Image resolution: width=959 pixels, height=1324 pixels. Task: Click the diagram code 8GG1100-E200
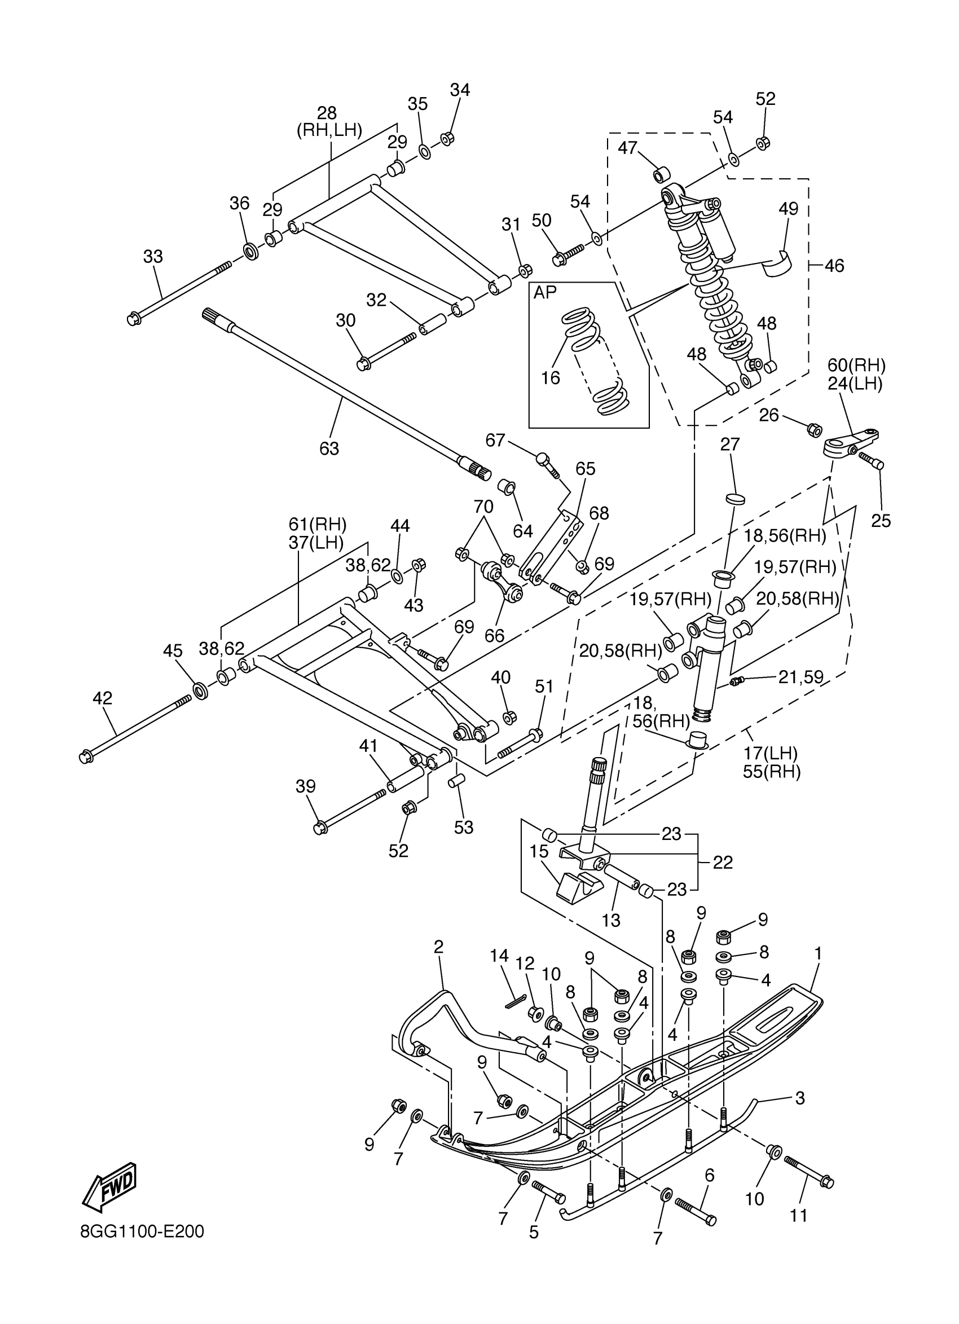coord(142,1231)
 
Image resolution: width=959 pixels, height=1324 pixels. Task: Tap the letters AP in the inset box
coord(545,292)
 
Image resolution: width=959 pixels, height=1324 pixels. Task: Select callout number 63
coord(329,448)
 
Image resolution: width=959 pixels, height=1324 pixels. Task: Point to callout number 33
coord(153,256)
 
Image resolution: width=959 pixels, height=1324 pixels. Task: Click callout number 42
coord(103,698)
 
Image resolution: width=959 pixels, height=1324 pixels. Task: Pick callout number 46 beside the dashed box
coord(834,266)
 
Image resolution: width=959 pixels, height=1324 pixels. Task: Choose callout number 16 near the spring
coord(550,378)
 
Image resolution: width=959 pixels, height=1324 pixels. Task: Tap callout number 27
coord(729,445)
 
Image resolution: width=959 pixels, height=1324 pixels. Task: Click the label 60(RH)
coord(856,366)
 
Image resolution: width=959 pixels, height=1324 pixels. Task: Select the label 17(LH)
coord(771,753)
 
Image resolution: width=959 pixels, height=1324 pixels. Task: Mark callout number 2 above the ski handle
coord(438,946)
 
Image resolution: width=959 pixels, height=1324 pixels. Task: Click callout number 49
coord(788,208)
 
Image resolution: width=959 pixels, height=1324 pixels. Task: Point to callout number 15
coord(539,852)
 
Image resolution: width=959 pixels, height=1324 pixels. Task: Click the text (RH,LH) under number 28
coord(329,130)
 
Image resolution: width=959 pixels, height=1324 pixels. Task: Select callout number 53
coord(464,827)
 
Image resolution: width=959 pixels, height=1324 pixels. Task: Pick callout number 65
coord(586,469)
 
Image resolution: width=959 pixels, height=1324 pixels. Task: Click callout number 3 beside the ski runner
coord(800,1098)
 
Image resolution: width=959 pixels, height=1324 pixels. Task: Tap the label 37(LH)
coord(316,542)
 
